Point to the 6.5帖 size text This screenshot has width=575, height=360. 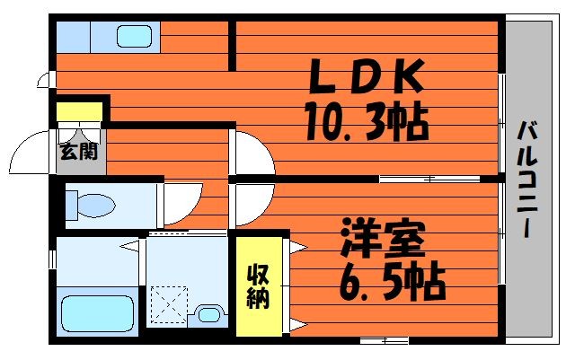393,282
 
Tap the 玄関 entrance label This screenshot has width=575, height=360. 79,152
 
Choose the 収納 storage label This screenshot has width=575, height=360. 258,286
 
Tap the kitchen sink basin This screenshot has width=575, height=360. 135,37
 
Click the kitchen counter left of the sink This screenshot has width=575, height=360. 74,37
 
